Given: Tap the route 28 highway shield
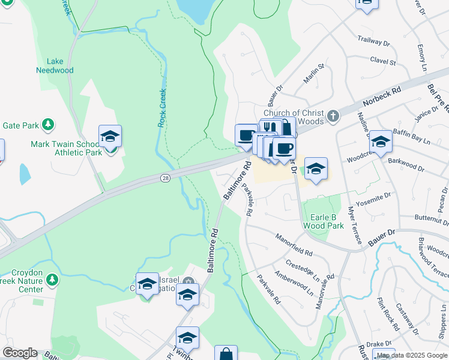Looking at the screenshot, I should tap(165, 178).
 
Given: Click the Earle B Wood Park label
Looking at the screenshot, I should tap(327, 221).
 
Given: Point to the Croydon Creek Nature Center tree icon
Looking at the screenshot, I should tap(53, 280).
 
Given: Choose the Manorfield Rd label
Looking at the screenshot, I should tap(294, 245).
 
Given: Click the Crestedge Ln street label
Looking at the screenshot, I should tap(303, 266).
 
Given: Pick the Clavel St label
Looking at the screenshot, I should tap(383, 61).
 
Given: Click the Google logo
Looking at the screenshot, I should tap(19, 353).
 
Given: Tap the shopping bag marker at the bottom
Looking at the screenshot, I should tap(226, 354).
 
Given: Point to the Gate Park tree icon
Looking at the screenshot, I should tap(47, 125).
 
